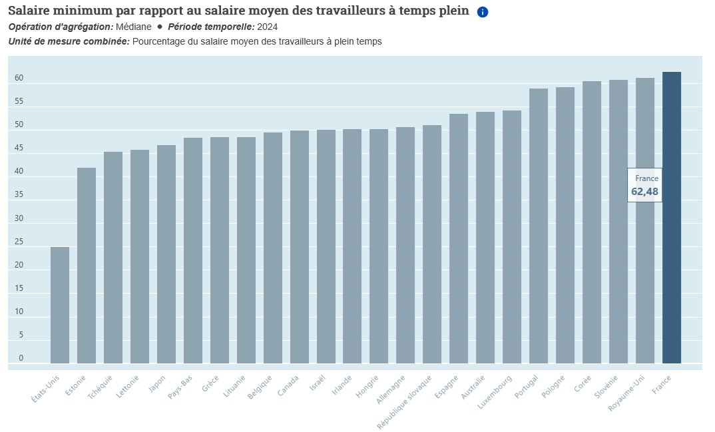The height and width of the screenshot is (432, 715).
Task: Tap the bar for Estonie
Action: tap(87, 266)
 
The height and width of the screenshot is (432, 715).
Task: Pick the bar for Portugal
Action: tap(539, 226)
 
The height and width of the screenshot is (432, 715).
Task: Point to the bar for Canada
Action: tap(299, 247)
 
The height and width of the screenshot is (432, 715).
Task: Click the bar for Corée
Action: tap(592, 222)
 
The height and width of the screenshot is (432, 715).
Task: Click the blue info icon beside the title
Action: tap(483, 12)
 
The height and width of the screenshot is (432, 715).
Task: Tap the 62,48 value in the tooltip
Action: tap(644, 192)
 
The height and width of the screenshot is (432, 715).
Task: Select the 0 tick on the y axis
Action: tap(21, 358)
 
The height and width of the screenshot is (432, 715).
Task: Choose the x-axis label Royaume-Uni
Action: tap(627, 391)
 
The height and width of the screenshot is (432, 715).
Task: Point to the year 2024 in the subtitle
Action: tap(266, 27)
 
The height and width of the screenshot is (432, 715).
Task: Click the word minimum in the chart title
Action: tap(81, 11)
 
